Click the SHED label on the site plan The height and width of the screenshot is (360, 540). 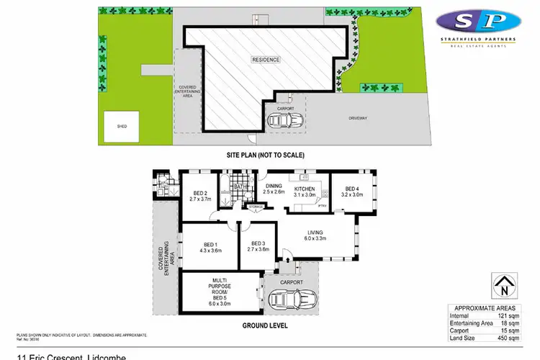pos(122,126)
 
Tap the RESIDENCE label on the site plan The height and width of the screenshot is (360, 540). pos(266,59)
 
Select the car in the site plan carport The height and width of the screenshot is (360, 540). pos(286,121)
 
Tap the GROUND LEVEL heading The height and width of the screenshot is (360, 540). pos(266,325)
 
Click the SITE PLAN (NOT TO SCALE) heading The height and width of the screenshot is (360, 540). pos(266,154)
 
